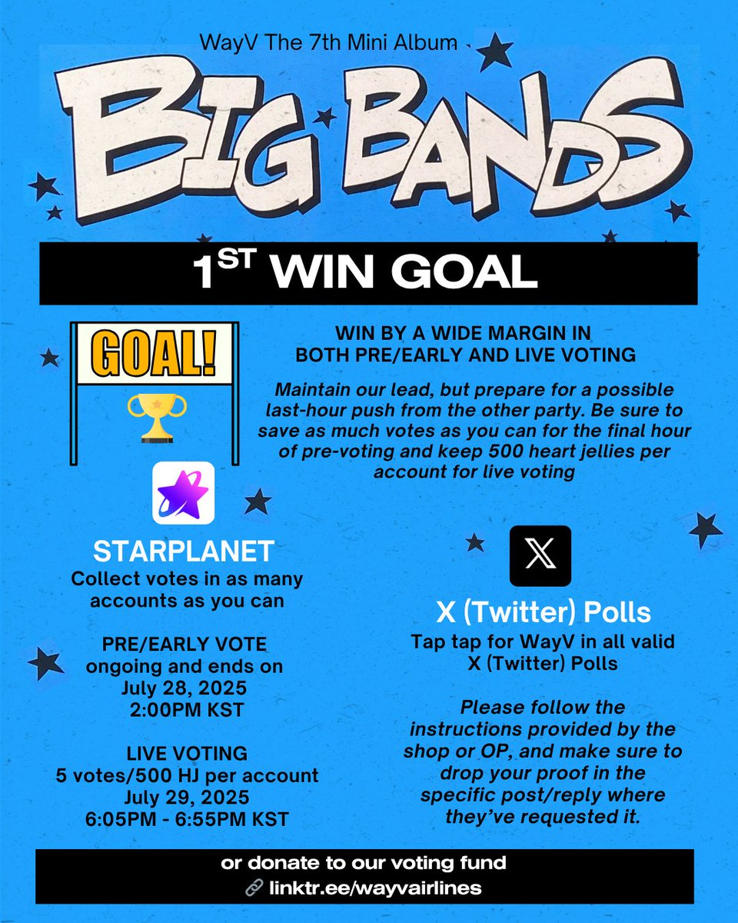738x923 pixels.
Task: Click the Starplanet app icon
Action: (x=184, y=493)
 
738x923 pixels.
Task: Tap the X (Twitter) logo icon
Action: (x=540, y=556)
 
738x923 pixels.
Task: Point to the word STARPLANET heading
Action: (x=183, y=551)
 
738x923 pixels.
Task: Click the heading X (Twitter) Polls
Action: (x=544, y=613)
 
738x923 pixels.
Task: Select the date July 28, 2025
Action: (x=187, y=687)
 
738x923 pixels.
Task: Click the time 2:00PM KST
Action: (x=187, y=708)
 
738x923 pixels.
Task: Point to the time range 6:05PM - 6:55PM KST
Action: (x=187, y=818)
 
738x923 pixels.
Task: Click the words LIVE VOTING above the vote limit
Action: (x=187, y=753)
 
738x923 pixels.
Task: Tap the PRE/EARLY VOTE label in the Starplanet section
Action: (x=187, y=643)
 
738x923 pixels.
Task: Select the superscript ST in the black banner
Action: (x=230, y=261)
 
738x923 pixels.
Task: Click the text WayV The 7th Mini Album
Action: (x=328, y=44)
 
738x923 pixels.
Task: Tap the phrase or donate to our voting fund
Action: (x=364, y=863)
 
